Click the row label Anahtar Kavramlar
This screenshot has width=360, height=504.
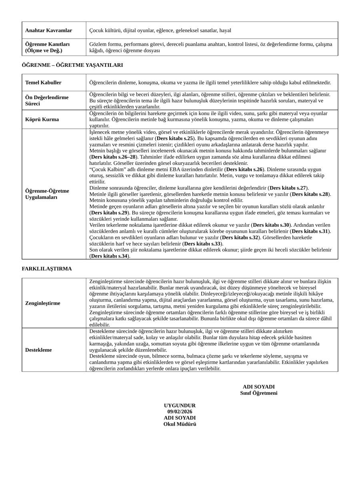[48, 30]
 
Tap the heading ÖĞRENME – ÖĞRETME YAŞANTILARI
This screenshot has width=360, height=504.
[72, 65]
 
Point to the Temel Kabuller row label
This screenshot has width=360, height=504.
[43, 82]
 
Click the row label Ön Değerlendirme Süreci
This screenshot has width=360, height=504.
[47, 100]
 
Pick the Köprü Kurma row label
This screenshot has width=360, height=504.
[42, 119]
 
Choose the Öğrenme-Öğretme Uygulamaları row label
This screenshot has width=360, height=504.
[47, 194]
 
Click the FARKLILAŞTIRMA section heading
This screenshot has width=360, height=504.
[47, 269]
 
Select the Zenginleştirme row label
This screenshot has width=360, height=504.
[43, 303]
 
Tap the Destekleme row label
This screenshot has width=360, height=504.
[38, 350]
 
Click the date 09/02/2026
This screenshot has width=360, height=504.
[180, 412]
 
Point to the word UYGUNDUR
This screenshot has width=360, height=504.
[180, 406]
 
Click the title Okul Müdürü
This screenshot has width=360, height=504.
[180, 424]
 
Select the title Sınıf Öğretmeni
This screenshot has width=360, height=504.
[258, 393]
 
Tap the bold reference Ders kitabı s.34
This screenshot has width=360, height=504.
[109, 256]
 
